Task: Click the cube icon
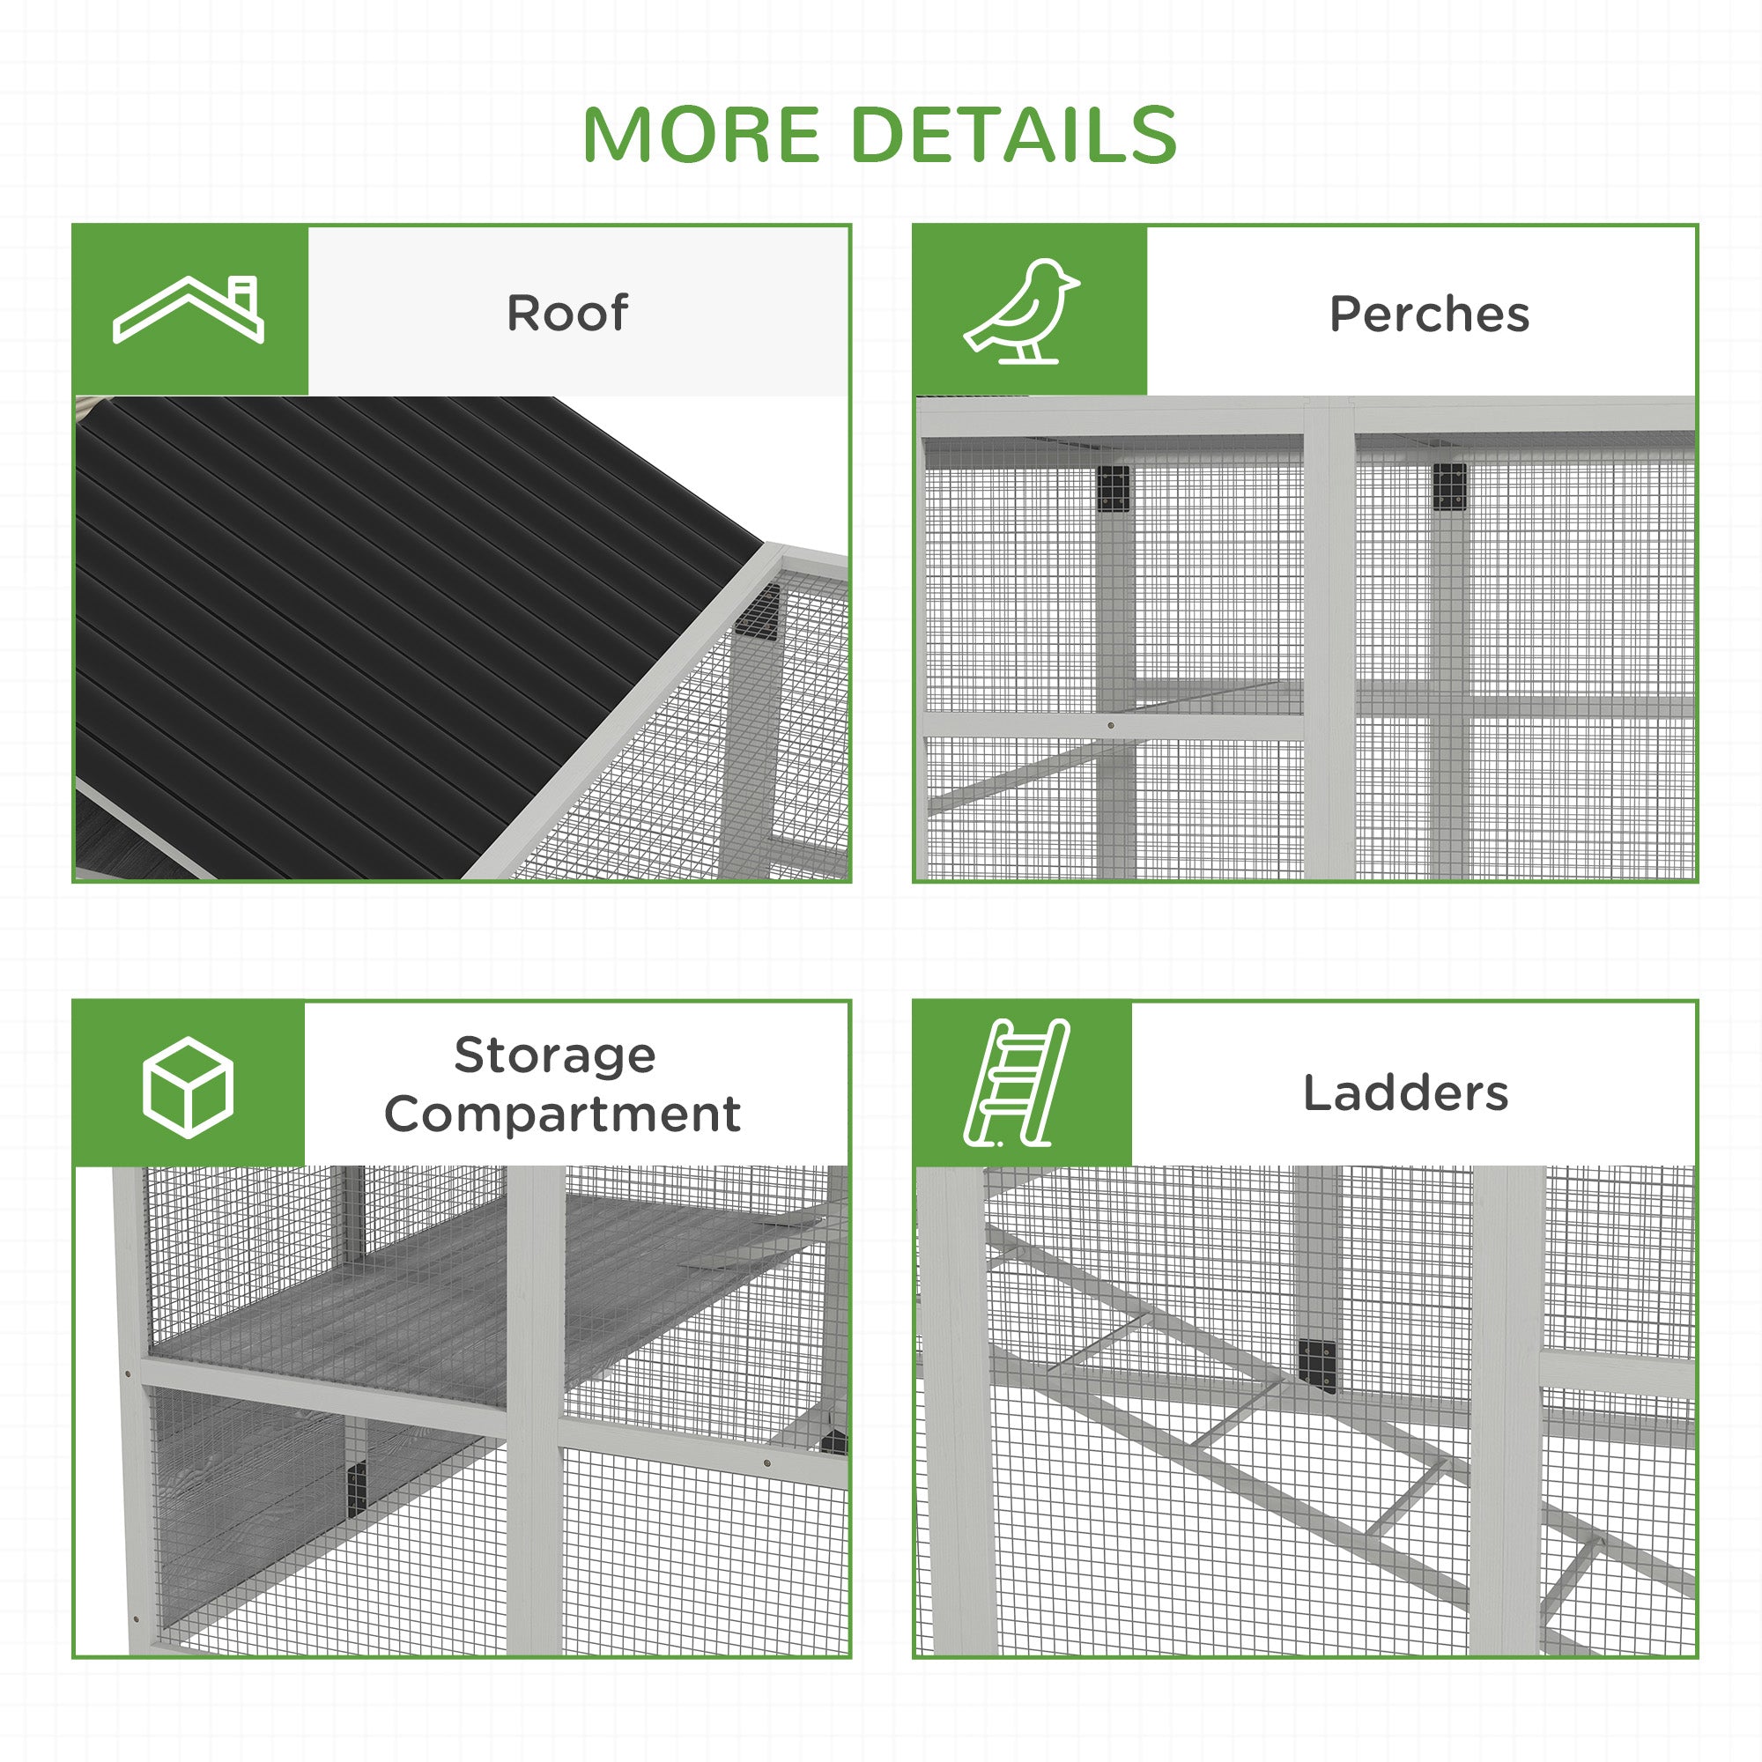[188, 1086]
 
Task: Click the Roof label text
[566, 313]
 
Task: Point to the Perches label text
[1428, 315]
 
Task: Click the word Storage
[554, 1056]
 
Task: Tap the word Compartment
[562, 1114]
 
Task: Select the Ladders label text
[1405, 1092]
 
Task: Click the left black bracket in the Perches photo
[1112, 491]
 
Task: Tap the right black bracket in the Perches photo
[1449, 487]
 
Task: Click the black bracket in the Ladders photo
[1317, 1366]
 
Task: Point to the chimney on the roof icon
[243, 294]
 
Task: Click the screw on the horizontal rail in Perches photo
[1110, 726]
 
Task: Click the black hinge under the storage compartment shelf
[357, 1488]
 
